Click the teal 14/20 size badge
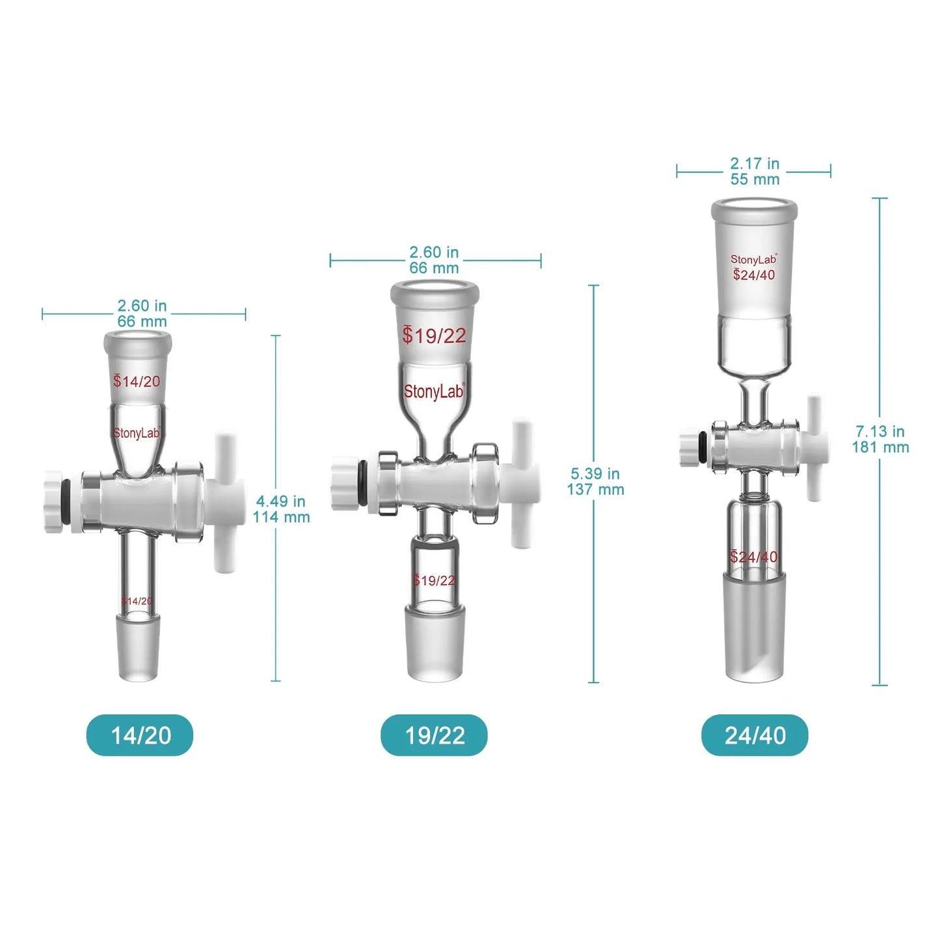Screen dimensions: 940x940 tap(140, 735)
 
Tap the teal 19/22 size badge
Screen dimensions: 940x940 tap(434, 735)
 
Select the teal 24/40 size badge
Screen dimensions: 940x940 tap(755, 735)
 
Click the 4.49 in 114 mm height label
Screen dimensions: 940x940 tap(281, 509)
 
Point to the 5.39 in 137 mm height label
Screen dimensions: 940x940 tap(595, 481)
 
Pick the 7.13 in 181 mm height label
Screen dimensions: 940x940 tap(880, 439)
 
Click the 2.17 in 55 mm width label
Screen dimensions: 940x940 tap(754, 171)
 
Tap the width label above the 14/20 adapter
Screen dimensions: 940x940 tap(142, 313)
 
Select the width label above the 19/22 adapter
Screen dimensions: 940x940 tap(434, 260)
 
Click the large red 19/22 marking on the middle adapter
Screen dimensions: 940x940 tap(434, 336)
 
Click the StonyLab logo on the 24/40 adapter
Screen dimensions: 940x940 tap(753, 260)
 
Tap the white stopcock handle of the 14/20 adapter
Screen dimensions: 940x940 tap(225, 501)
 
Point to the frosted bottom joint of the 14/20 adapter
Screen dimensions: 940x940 tap(138, 647)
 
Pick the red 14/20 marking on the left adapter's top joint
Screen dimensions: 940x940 tap(137, 381)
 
